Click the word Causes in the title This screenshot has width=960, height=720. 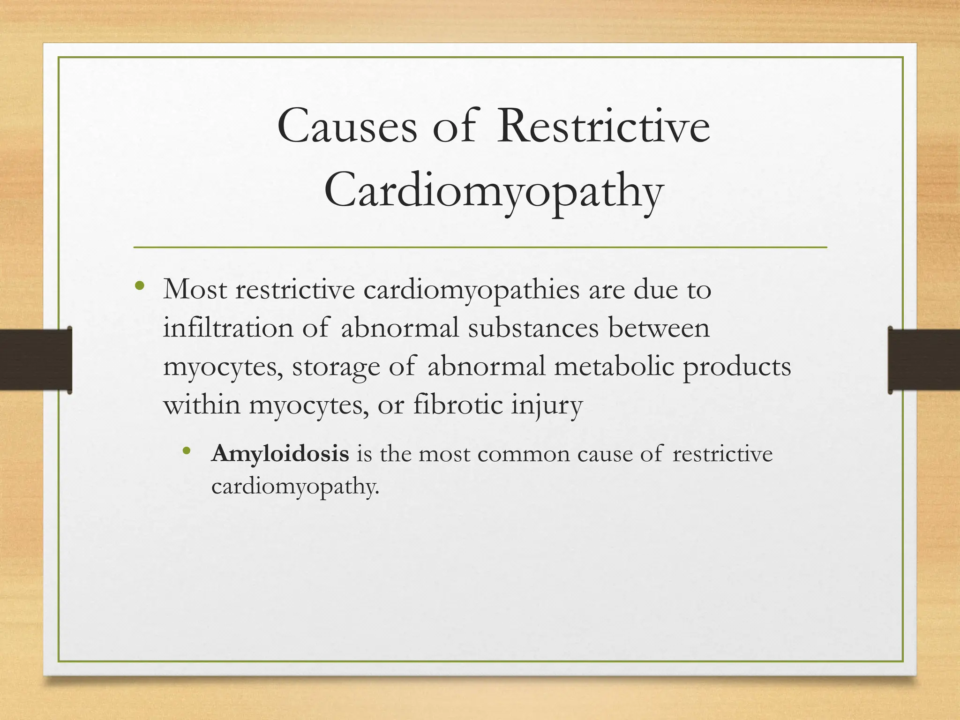click(347, 127)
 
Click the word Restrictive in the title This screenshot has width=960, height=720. click(603, 127)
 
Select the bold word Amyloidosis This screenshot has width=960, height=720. click(280, 454)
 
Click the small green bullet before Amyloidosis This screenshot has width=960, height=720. click(187, 451)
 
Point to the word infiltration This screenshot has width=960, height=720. click(228, 328)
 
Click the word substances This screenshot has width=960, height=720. click(533, 328)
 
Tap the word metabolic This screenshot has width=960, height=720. click(614, 366)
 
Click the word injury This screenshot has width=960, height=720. click(547, 405)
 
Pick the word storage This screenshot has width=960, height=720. click(336, 367)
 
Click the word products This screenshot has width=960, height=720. click(737, 367)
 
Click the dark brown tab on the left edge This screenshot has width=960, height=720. click(36, 360)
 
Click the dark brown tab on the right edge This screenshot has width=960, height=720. click(923, 360)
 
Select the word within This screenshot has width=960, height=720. click(202, 404)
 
